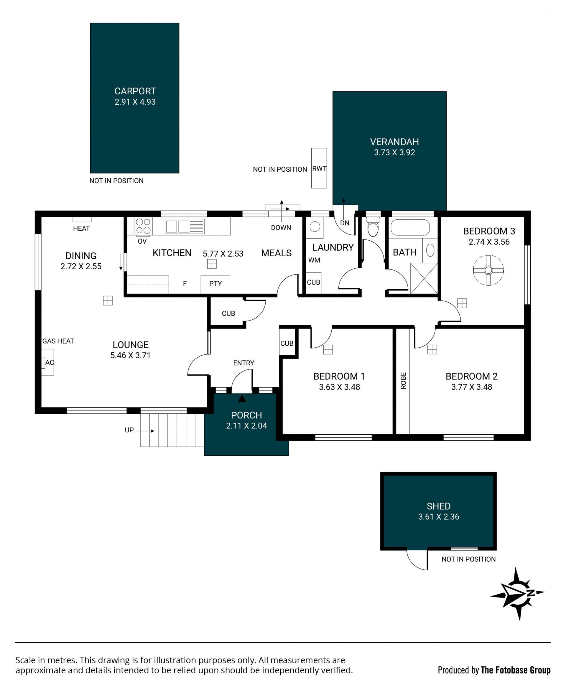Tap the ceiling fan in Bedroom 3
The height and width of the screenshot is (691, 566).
point(488,270)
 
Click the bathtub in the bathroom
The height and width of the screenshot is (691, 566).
point(410,227)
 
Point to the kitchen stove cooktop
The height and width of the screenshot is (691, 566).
point(144,226)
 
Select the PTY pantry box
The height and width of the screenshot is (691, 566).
point(215,284)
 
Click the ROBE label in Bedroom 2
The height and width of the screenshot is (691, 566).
point(403,380)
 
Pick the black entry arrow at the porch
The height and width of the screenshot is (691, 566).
point(242,398)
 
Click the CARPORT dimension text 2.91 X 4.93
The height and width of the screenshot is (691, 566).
point(135,102)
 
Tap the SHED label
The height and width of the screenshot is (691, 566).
point(439,506)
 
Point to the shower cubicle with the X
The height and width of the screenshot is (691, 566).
point(424,278)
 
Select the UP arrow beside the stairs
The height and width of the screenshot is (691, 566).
point(145,431)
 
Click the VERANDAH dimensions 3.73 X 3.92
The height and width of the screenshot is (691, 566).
point(394,152)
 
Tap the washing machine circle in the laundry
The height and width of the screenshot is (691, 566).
point(315,226)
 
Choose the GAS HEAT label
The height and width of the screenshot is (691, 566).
point(58,341)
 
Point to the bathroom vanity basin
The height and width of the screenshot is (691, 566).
point(430,250)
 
